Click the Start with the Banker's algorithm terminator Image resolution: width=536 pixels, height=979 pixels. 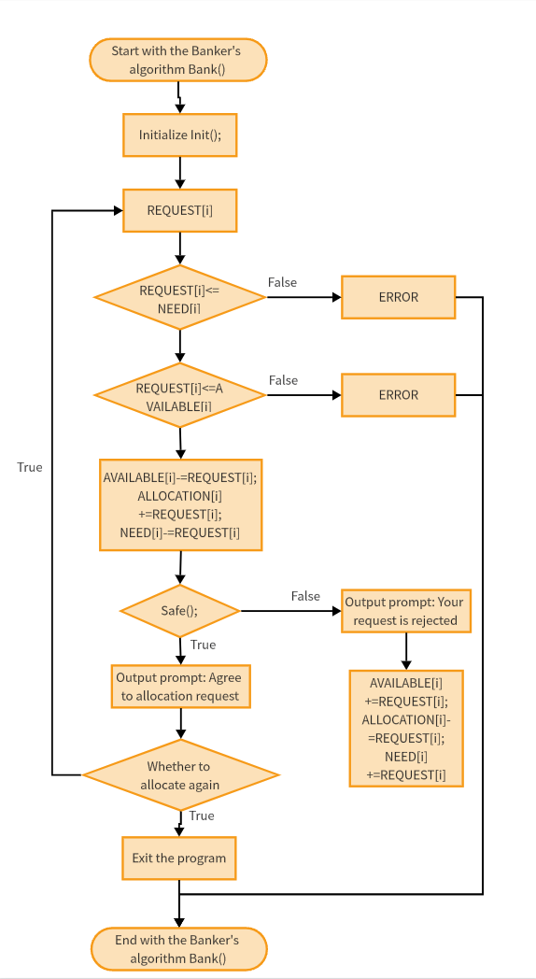[x=178, y=60]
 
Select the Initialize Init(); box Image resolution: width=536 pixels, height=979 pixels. [x=179, y=135]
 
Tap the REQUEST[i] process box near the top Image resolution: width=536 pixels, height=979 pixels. [x=179, y=210]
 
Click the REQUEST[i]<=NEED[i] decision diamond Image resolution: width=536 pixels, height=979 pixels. [x=179, y=298]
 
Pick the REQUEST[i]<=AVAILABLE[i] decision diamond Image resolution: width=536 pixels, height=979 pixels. [x=179, y=396]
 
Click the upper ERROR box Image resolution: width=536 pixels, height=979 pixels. [x=398, y=297]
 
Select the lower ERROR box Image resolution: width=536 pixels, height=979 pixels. [x=398, y=395]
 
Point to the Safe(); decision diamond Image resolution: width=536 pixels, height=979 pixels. [x=179, y=611]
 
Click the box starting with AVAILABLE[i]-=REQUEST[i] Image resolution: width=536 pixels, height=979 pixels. [x=180, y=504]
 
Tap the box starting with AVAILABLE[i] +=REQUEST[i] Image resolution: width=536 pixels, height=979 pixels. [x=405, y=728]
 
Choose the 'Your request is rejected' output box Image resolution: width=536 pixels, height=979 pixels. [x=405, y=611]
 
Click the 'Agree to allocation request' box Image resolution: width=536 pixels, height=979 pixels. [x=179, y=687]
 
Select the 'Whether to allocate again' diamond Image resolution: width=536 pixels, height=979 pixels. [x=180, y=775]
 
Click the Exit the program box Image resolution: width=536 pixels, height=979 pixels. [x=179, y=858]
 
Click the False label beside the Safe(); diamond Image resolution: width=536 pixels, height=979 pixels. [x=305, y=596]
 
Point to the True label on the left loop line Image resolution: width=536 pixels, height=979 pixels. [x=30, y=467]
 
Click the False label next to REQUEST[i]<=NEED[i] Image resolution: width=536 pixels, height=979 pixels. [x=282, y=282]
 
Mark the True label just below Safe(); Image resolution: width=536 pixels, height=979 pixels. [x=203, y=645]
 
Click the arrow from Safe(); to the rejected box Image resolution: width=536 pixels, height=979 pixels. [x=289, y=611]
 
